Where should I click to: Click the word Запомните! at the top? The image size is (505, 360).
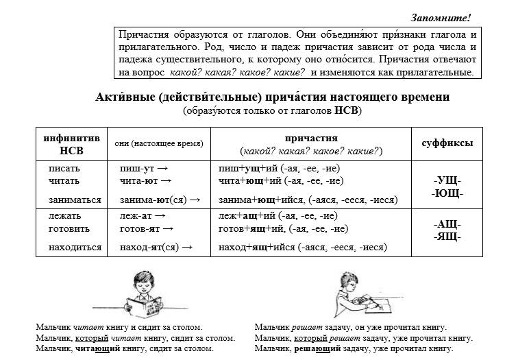click(x=441, y=16)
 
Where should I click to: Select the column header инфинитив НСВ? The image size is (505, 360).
click(x=71, y=145)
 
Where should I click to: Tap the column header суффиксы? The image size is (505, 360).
click(x=447, y=144)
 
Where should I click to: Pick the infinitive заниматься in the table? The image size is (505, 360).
click(x=75, y=200)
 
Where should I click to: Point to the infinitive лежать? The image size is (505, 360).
click(x=65, y=216)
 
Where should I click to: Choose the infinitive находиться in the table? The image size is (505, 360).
click(x=75, y=247)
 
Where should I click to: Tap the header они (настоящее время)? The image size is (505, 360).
click(x=158, y=145)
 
